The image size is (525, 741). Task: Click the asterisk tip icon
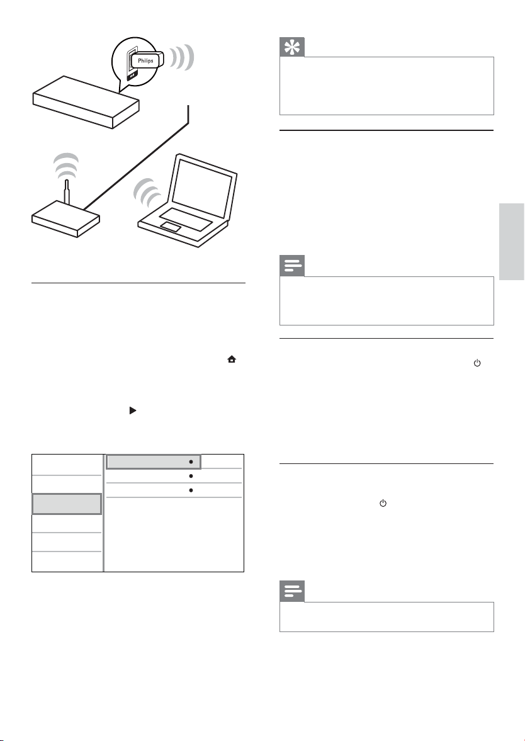(294, 47)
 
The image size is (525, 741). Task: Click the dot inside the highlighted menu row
(189, 461)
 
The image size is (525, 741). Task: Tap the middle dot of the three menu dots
(189, 476)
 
